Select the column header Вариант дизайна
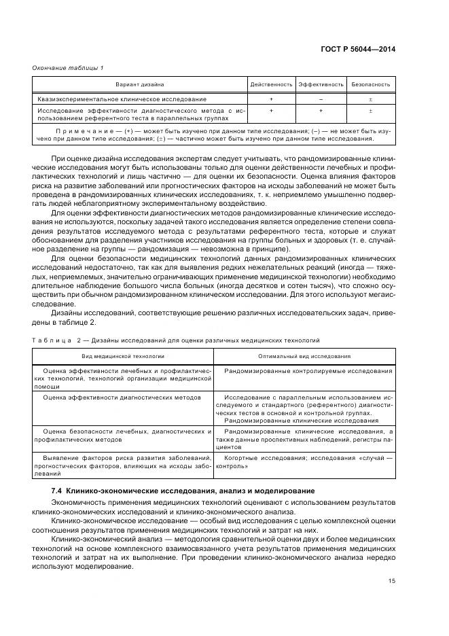pyautogui.click(x=139, y=85)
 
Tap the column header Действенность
pyautogui.click(x=271, y=85)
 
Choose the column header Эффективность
pyautogui.click(x=320, y=85)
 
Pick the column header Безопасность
pyautogui.click(x=370, y=85)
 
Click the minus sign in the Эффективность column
pyautogui.click(x=320, y=99)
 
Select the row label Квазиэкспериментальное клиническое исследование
pyautogui.click(x=112, y=99)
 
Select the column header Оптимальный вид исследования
pyautogui.click(x=304, y=355)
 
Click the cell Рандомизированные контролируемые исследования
pyautogui.click(x=308, y=371)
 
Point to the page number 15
pyautogui.click(x=391, y=580)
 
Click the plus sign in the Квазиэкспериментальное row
pyautogui.click(x=271, y=99)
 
